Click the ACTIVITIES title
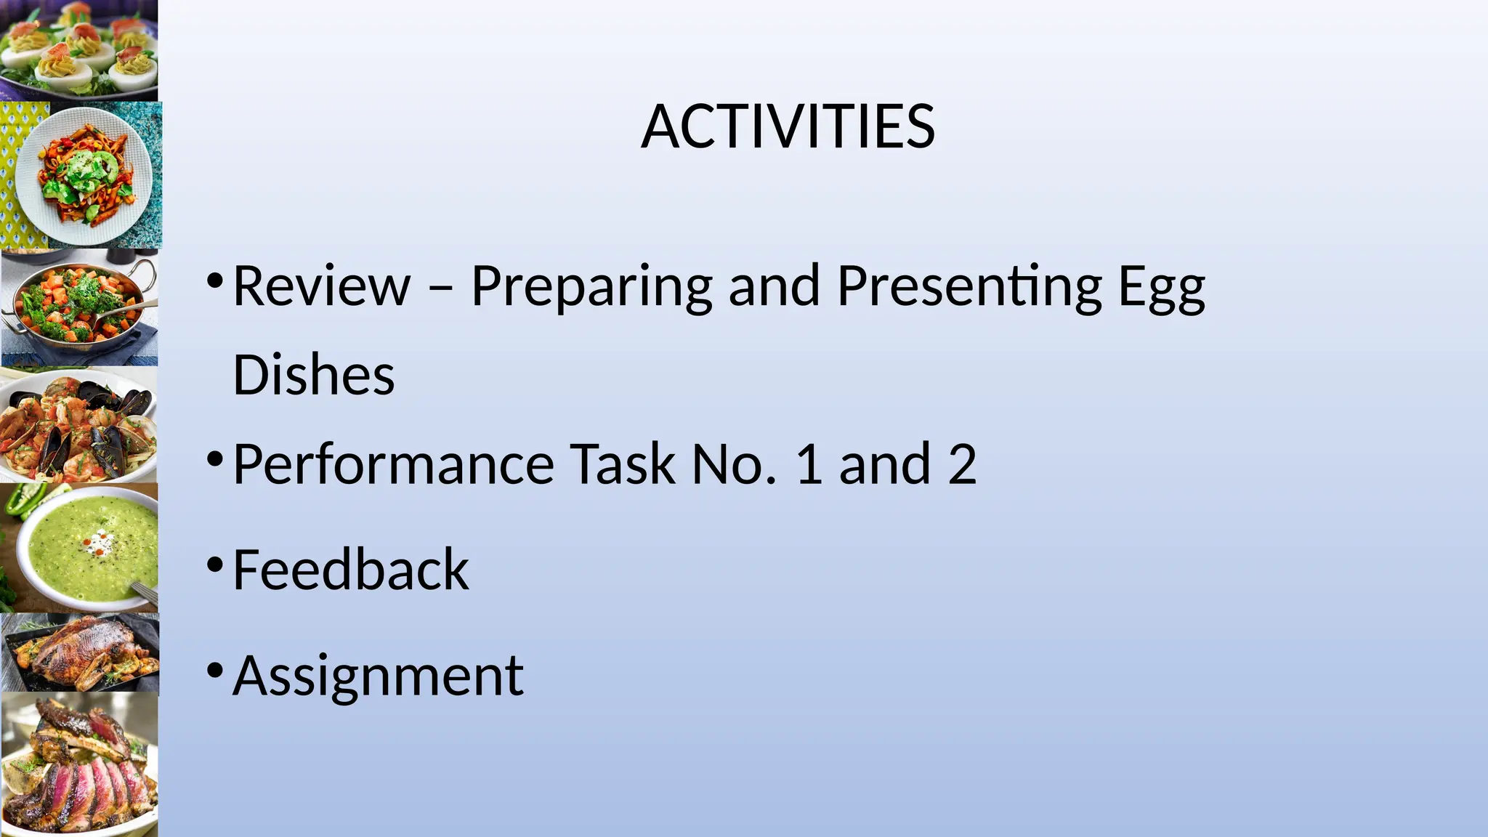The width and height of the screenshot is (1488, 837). click(x=788, y=127)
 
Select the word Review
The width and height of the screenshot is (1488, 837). click(x=322, y=286)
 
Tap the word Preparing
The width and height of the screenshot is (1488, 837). click(x=591, y=288)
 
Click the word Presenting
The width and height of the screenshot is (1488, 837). click(x=969, y=288)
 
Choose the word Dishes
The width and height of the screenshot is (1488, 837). click(x=313, y=375)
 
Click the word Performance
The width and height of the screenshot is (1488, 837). click(x=393, y=465)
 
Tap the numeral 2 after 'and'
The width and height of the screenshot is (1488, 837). click(x=962, y=464)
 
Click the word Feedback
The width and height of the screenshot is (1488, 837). click(x=351, y=570)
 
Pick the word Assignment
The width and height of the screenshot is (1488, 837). click(x=378, y=676)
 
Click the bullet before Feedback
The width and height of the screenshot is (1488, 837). click(x=214, y=565)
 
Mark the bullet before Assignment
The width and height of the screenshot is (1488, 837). click(x=214, y=670)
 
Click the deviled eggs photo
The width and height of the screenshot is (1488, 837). click(x=78, y=49)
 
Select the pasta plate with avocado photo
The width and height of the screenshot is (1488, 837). click(x=81, y=174)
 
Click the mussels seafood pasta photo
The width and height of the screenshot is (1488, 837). click(x=78, y=425)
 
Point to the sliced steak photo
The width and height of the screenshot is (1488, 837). click(x=78, y=763)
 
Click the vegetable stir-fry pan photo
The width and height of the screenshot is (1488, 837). click(x=78, y=307)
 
